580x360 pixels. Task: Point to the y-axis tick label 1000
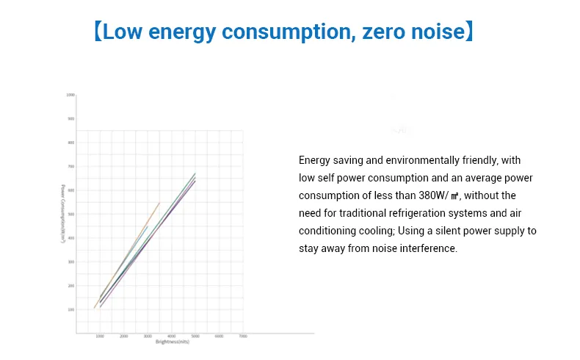(70, 96)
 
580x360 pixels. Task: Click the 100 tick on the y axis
(71, 309)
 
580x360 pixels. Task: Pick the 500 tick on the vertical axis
(71, 215)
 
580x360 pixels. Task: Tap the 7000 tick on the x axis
(242, 336)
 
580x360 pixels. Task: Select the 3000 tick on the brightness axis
(148, 336)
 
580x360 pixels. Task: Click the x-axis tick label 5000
(195, 336)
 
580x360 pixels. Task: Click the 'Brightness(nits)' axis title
(173, 342)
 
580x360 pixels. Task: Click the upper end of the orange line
(159, 202)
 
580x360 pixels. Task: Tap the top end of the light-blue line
(148, 226)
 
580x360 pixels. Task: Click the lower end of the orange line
(95, 308)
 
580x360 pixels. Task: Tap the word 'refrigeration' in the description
(414, 213)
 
